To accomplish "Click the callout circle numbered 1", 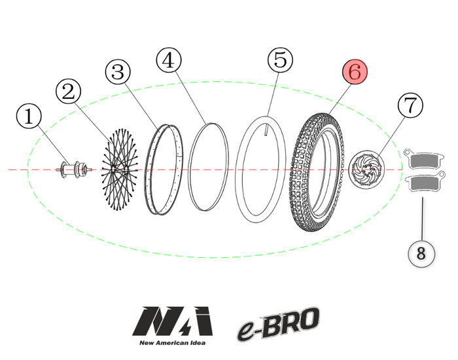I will pos(28,118).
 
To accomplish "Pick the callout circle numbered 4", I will pos(168,61).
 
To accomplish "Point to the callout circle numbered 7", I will pos(410,105).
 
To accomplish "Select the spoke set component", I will pos(118,170).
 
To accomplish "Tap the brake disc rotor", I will pos(365,170).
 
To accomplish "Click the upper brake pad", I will pos(425,159).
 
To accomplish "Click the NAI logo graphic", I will pos(172,323).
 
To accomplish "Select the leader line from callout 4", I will pos(190,96).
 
